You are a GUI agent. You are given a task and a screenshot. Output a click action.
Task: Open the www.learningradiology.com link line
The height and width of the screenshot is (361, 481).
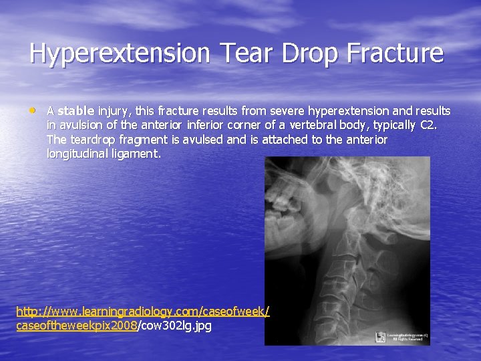pos(142,312)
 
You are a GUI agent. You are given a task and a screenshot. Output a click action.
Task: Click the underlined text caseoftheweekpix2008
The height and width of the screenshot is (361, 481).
pos(75,326)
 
